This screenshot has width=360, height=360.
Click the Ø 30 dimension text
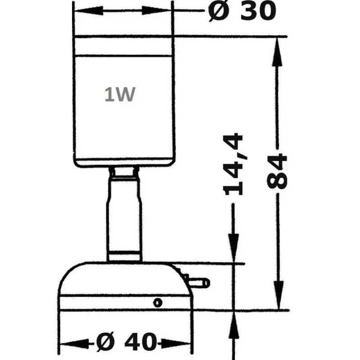(x=242, y=11)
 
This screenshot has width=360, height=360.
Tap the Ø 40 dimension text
(x=126, y=342)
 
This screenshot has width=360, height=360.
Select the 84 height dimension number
(x=277, y=171)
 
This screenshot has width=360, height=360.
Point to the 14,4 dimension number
(x=233, y=164)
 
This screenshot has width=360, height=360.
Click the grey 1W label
(x=120, y=94)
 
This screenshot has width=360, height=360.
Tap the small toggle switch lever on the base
(x=198, y=283)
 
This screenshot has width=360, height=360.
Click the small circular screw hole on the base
(x=157, y=302)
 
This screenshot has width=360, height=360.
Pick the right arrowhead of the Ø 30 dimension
(x=157, y=10)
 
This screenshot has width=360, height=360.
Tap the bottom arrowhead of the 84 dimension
(x=278, y=295)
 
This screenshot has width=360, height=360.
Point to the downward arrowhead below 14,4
(x=233, y=248)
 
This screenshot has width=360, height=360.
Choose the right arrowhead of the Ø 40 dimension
(x=176, y=344)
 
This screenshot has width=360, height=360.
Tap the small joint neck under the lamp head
(x=124, y=172)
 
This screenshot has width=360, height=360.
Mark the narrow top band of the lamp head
(x=123, y=46)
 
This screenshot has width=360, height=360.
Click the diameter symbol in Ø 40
(x=105, y=342)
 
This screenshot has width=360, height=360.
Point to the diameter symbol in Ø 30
(x=219, y=11)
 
